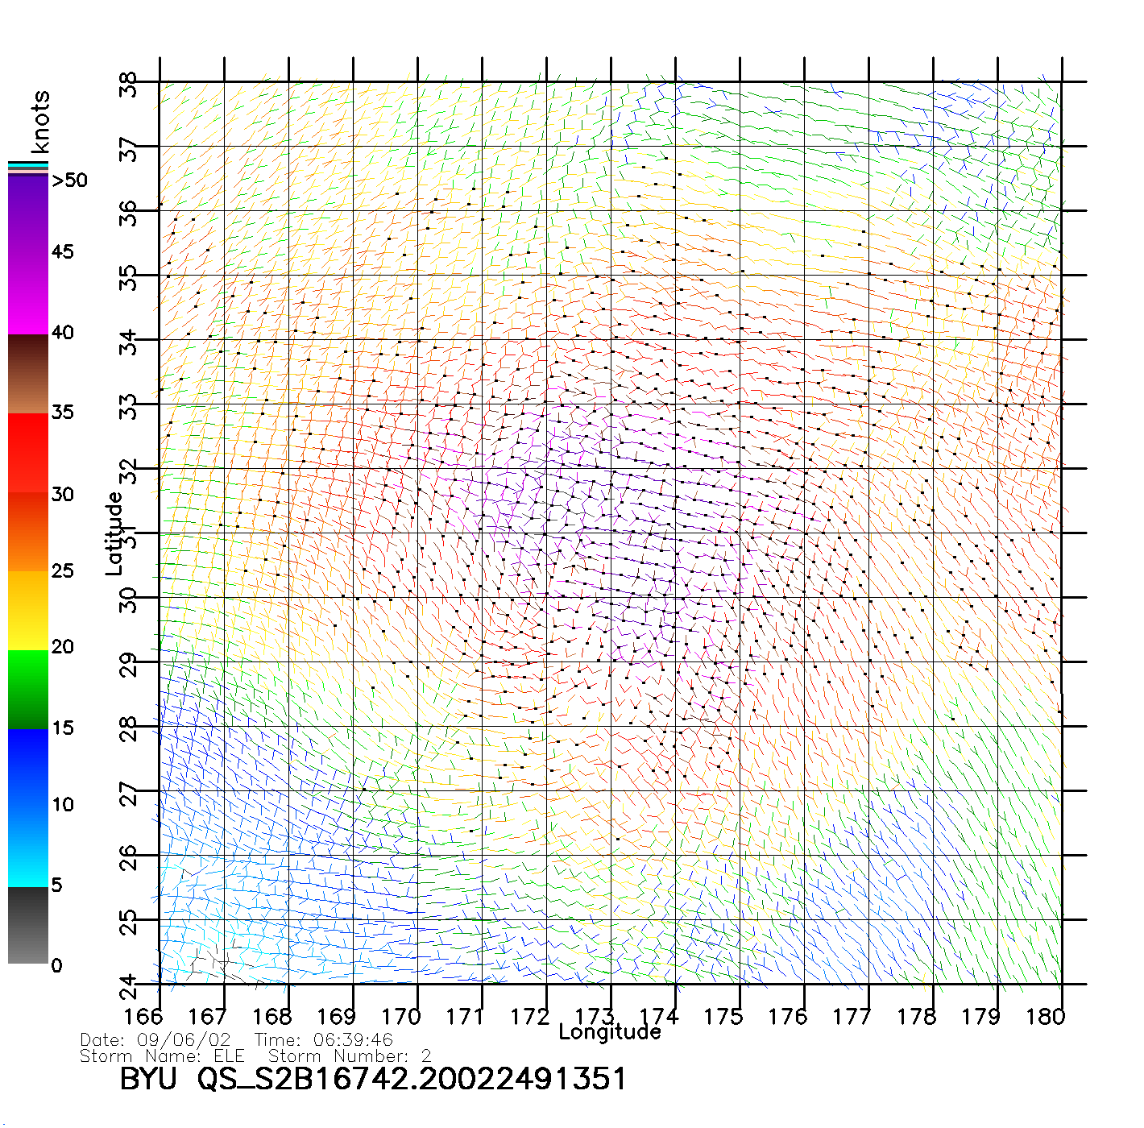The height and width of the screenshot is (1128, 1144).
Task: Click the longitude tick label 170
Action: click(400, 1017)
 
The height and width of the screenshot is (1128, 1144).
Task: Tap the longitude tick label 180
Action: click(1045, 1017)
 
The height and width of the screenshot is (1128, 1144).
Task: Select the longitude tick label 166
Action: click(143, 1017)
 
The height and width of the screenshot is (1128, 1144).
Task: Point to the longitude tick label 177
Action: click(852, 1017)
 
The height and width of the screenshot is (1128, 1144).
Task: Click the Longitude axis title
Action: click(610, 1032)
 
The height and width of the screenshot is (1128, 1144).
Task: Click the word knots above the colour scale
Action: click(40, 122)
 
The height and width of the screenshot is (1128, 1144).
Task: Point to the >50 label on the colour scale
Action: click(69, 180)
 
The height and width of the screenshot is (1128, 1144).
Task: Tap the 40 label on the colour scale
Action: click(63, 332)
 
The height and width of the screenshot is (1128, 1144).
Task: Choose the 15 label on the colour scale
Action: click(63, 728)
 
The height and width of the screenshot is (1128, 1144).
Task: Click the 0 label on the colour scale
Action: click(56, 965)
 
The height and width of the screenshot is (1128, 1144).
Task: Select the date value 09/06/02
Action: click(184, 1040)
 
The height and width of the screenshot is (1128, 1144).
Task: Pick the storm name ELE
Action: click(230, 1055)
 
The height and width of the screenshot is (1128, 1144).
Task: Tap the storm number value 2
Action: click(426, 1055)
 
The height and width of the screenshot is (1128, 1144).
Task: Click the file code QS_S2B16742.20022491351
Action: click(412, 1079)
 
